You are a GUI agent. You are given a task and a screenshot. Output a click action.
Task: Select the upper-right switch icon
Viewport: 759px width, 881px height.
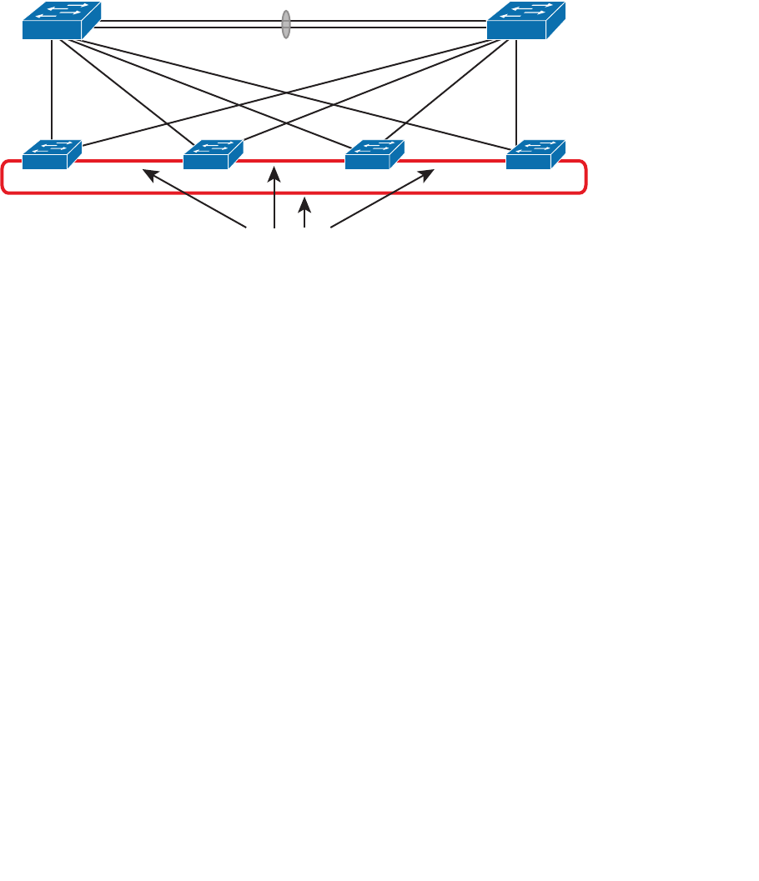pyautogui.click(x=525, y=21)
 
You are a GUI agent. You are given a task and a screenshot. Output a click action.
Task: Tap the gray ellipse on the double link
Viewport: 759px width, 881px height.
pyautogui.click(x=286, y=24)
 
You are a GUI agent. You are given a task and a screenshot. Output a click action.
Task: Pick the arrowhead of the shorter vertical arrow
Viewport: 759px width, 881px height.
pyautogui.click(x=306, y=201)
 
